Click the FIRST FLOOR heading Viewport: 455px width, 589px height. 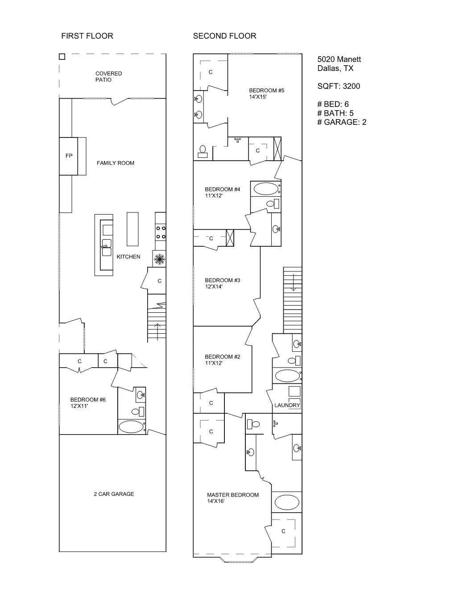(x=87, y=36)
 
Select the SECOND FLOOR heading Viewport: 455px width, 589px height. (x=225, y=36)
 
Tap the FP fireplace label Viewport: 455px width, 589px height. (x=69, y=156)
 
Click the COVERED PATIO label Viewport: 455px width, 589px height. (x=109, y=76)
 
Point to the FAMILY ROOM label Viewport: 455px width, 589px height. (x=116, y=163)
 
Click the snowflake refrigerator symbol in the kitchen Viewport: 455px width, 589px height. (x=159, y=259)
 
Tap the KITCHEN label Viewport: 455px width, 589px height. (x=128, y=257)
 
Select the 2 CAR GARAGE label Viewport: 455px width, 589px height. (x=114, y=494)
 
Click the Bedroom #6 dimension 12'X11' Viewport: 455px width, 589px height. (x=79, y=406)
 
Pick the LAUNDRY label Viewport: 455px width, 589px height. (x=287, y=405)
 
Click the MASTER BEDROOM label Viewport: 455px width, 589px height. (x=233, y=495)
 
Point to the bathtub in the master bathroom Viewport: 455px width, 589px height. (x=287, y=502)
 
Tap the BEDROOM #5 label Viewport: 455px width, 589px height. (x=267, y=90)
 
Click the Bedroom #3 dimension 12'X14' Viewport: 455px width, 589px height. (x=214, y=286)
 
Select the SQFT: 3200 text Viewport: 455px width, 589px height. (x=339, y=86)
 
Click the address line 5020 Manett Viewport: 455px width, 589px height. (x=339, y=59)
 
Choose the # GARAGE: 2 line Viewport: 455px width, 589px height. (x=342, y=122)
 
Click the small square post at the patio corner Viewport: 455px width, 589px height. (x=62, y=57)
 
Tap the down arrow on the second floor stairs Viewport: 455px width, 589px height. (x=293, y=282)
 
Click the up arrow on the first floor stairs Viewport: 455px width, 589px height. (x=157, y=332)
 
